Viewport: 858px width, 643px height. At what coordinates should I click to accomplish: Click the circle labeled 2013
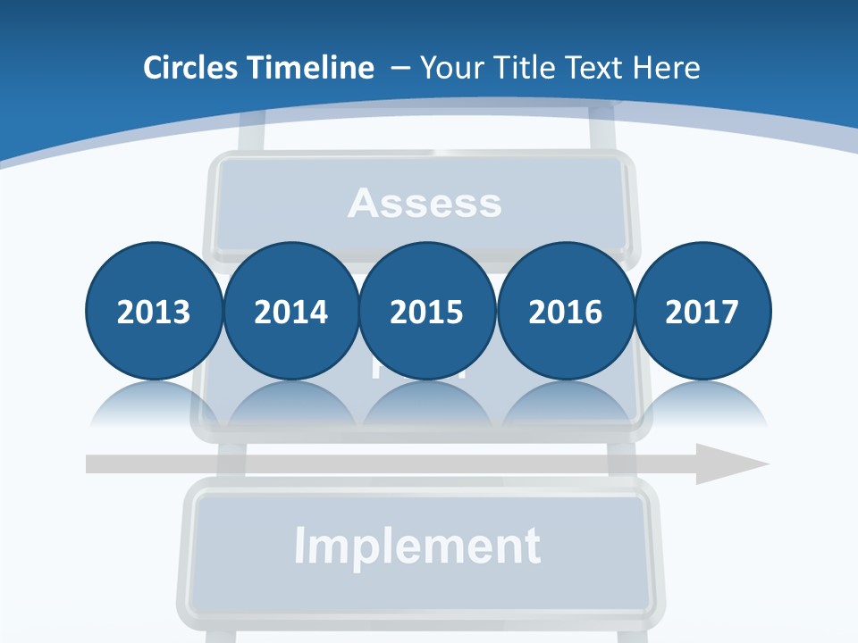coord(154,311)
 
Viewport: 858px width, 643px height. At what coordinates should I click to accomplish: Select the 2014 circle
coord(290,311)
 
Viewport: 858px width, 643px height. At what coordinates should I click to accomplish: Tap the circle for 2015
coord(427,311)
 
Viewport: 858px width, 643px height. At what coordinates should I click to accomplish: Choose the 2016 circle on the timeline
coord(565,311)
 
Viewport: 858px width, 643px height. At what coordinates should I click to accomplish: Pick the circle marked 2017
coord(702,311)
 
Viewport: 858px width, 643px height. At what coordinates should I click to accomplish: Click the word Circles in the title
coord(189,68)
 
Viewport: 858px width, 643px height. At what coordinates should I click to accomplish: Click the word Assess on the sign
coord(425,204)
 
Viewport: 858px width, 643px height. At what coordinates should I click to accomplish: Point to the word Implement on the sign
coord(417,546)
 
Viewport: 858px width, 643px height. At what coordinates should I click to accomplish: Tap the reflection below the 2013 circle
coord(154,407)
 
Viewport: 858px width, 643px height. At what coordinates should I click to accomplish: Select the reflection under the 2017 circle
coord(702,407)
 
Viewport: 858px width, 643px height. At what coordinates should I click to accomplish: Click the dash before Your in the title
coord(400,68)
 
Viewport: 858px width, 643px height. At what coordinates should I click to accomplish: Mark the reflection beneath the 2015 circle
coord(427,407)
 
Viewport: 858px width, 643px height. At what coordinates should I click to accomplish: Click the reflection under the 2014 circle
coord(290,407)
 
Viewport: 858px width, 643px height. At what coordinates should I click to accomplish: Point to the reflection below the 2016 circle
coord(565,407)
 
